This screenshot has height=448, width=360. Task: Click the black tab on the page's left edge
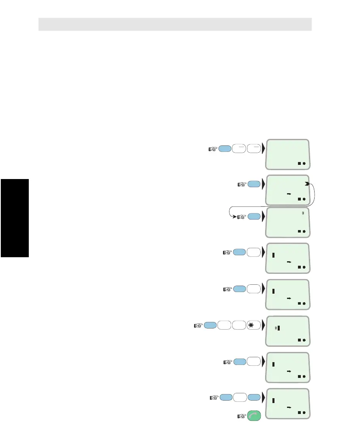(x=15, y=218)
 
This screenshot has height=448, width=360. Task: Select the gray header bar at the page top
(x=175, y=24)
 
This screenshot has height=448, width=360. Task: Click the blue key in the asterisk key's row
(x=210, y=325)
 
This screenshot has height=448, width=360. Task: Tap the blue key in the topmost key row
(x=225, y=149)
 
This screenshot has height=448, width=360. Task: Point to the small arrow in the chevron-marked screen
(x=289, y=194)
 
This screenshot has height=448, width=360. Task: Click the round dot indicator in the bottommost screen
(x=304, y=413)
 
